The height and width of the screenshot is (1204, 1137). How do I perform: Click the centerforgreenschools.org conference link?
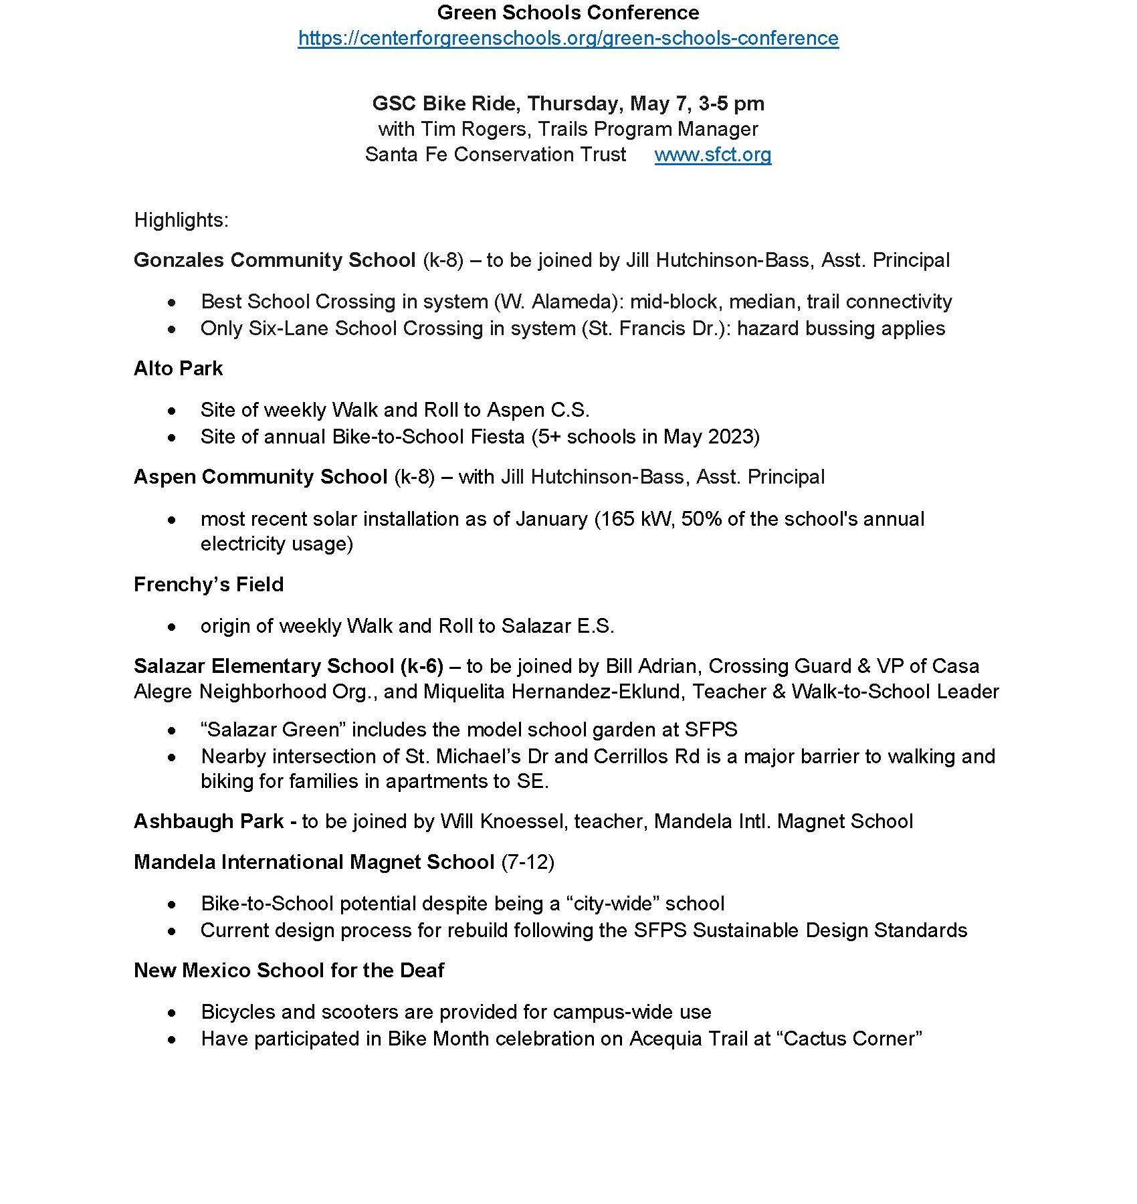(x=568, y=38)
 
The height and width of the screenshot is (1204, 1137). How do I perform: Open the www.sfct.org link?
(x=712, y=155)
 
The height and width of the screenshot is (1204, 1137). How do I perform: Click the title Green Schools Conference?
(x=568, y=12)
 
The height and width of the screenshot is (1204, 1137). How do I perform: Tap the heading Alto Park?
(x=178, y=369)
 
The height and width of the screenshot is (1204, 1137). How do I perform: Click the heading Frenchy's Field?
(x=209, y=585)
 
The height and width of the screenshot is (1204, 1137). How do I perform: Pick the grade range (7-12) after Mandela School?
(x=527, y=862)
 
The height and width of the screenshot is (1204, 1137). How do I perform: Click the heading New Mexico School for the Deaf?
(x=289, y=971)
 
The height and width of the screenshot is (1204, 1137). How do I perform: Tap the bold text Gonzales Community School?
(x=274, y=260)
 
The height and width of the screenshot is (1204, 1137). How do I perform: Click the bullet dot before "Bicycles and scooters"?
(x=173, y=1013)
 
